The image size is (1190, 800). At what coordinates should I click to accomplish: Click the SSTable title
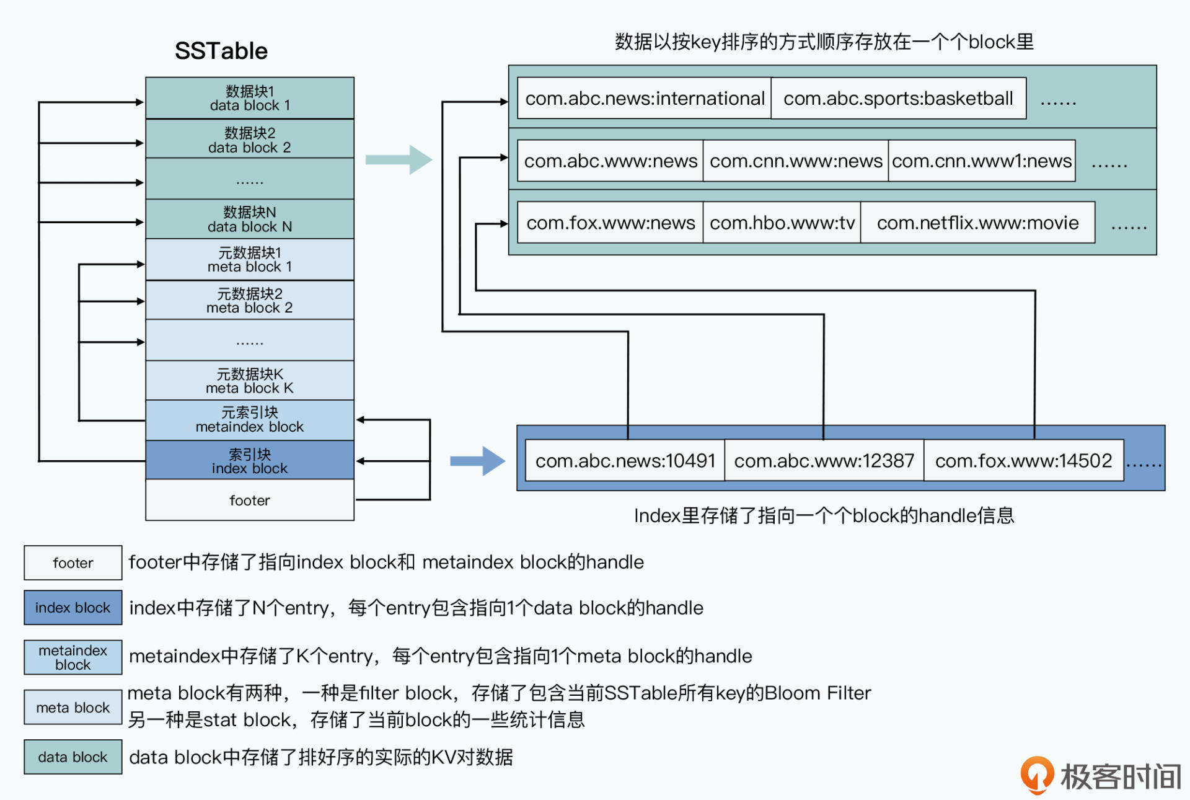(x=221, y=51)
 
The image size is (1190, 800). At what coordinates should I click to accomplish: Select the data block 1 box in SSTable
(x=250, y=99)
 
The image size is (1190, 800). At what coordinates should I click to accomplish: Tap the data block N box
(x=250, y=220)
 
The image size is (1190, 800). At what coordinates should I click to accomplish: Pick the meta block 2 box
(x=250, y=301)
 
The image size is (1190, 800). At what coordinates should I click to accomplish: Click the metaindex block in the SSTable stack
(x=250, y=420)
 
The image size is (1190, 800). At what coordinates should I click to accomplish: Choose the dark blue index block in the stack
(x=250, y=461)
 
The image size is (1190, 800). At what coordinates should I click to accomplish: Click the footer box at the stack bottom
(x=250, y=500)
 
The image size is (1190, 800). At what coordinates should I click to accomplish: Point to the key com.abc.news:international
(x=645, y=99)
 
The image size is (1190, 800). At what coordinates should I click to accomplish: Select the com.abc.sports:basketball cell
(x=898, y=99)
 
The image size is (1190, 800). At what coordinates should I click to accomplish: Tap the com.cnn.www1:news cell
(x=982, y=161)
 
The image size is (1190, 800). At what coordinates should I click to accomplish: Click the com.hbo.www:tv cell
(x=782, y=223)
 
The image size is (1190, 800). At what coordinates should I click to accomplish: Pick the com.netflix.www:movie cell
(x=977, y=223)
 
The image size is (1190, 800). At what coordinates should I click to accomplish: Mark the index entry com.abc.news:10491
(x=625, y=461)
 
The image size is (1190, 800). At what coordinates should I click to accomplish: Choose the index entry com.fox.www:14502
(x=1023, y=461)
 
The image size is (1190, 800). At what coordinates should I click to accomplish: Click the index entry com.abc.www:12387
(x=824, y=461)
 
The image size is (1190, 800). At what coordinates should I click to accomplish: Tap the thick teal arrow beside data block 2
(x=399, y=160)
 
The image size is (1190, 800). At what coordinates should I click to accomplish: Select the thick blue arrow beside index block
(x=477, y=461)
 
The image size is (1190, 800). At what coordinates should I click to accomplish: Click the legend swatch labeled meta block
(x=73, y=708)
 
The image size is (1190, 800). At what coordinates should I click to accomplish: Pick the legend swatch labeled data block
(x=73, y=757)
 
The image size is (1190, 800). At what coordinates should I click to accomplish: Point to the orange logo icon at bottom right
(x=1036, y=775)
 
